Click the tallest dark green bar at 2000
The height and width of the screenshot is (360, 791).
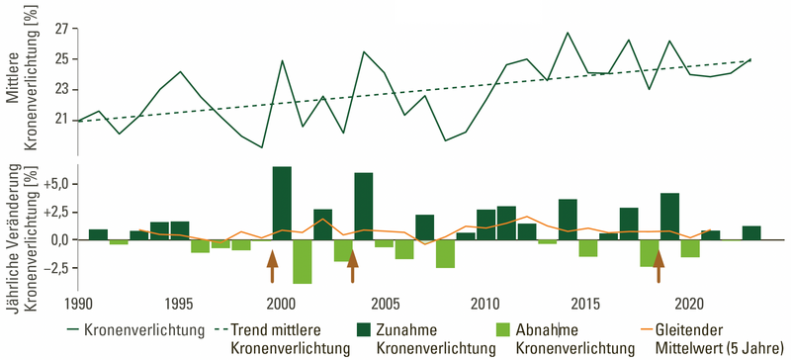pyautogui.click(x=282, y=203)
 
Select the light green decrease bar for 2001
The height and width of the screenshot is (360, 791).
pyautogui.click(x=302, y=261)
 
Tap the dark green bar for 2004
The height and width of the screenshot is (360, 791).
pyautogui.click(x=363, y=206)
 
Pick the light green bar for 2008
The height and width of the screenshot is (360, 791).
pyautogui.click(x=445, y=253)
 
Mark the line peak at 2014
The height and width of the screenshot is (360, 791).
pyautogui.click(x=568, y=33)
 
